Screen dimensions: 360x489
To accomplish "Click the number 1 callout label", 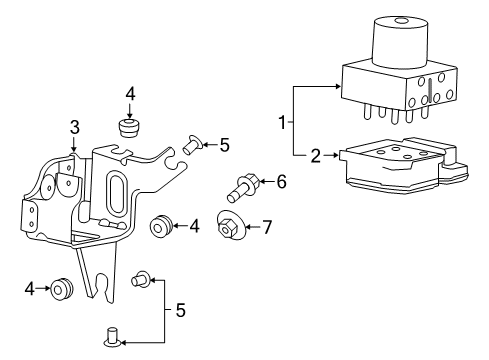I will pos(284,123).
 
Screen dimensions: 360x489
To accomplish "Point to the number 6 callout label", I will pos(281,181).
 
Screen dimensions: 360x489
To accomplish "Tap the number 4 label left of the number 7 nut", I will pos(195,227).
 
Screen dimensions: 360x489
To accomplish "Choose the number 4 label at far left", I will pos(30,290).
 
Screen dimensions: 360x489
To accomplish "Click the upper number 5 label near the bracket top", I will pos(223,144).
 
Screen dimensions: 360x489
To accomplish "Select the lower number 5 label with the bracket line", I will pos(180,310).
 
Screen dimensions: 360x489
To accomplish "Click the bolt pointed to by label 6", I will pos(245,184).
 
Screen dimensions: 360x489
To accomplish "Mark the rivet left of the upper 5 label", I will pos(193,145).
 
